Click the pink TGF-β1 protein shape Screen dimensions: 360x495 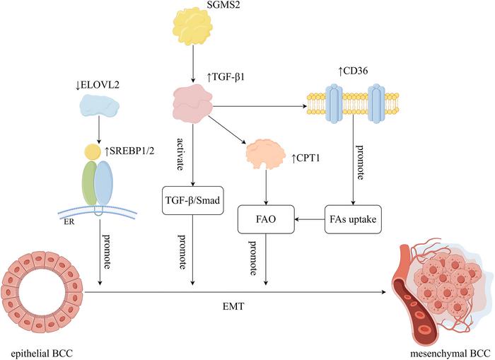click(192, 108)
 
